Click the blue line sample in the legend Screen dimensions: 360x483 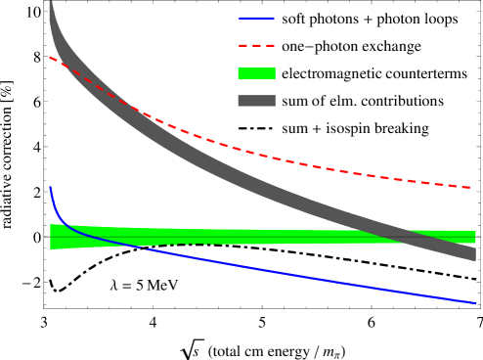click(256, 18)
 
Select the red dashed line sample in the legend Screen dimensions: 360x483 click(256, 45)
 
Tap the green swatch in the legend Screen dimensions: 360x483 click(256, 73)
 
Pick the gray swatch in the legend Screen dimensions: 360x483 click(256, 101)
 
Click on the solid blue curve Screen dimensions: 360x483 click(293, 274)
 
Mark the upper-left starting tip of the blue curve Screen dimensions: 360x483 click(50, 187)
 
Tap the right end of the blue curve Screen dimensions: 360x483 click(475, 303)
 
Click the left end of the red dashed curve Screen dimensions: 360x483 click(50, 57)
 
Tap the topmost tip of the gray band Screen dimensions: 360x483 click(50, 4)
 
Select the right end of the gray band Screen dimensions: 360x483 click(475, 252)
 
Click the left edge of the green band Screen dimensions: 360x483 click(51, 237)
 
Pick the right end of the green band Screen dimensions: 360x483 click(475, 237)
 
